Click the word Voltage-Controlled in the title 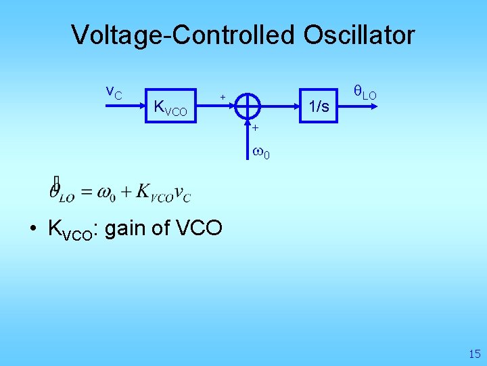tap(183, 35)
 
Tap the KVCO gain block tap(170, 107)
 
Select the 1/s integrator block tap(319, 106)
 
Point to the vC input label tap(114, 91)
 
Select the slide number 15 tap(473, 353)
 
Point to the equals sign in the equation tap(86, 192)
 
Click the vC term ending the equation tap(182, 193)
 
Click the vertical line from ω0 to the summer tap(249, 136)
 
